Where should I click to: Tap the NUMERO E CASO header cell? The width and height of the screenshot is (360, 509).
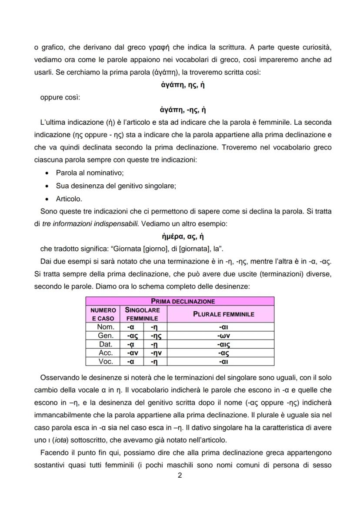click(x=103, y=314)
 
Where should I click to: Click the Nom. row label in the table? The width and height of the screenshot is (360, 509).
click(x=106, y=327)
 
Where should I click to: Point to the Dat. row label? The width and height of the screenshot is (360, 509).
click(x=106, y=344)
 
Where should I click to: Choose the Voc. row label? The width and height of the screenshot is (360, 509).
click(x=106, y=361)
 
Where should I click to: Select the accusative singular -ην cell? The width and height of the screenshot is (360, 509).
click(x=155, y=353)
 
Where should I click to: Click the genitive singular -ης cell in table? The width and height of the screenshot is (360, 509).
click(x=155, y=336)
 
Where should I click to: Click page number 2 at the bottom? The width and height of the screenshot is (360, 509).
click(x=180, y=475)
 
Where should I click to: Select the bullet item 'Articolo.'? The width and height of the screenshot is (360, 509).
click(x=69, y=199)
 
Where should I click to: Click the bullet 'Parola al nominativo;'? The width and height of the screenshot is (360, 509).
click(x=90, y=173)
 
